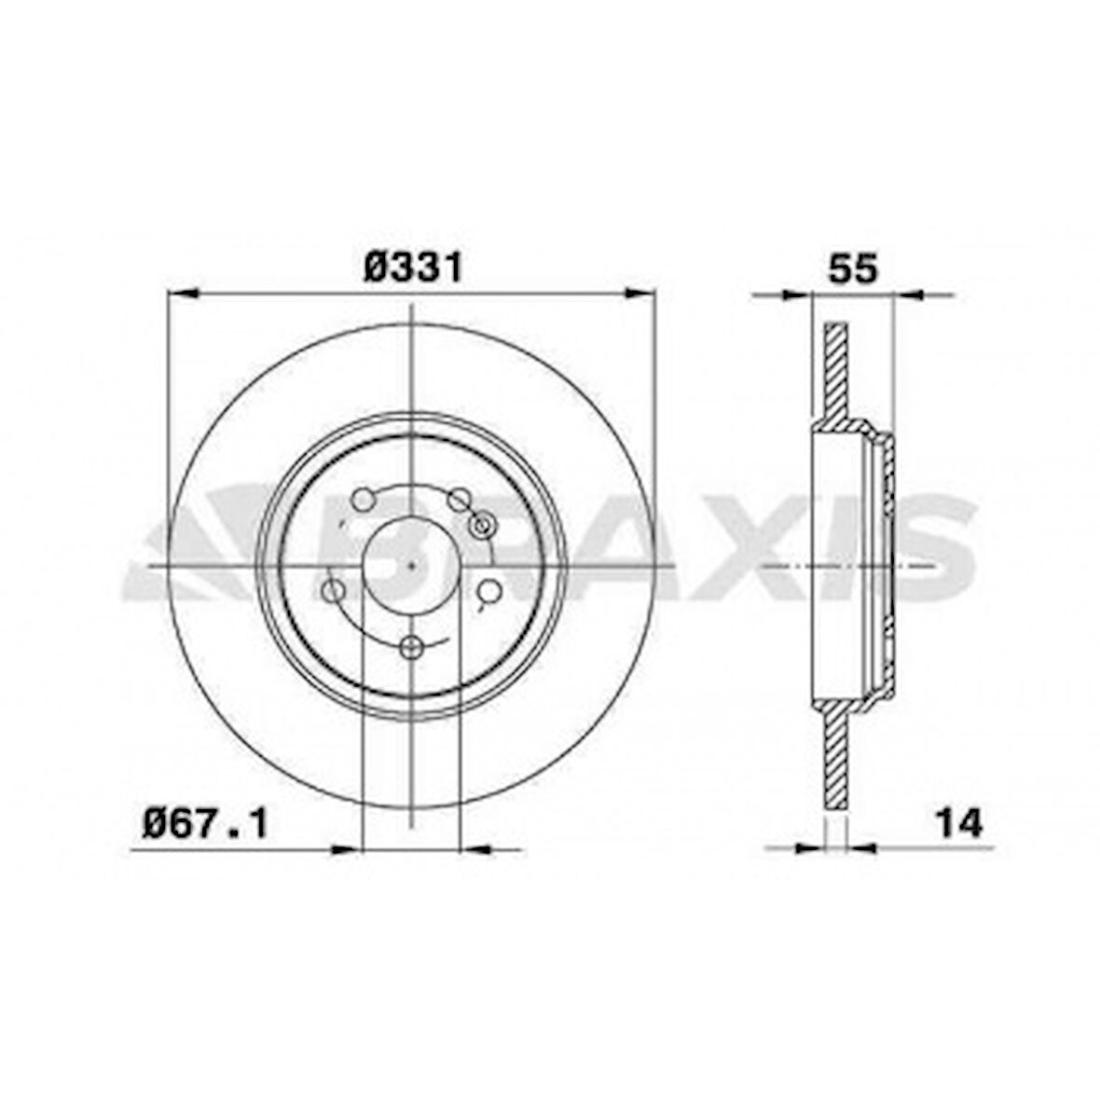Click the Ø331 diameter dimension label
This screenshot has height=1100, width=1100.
coord(412,268)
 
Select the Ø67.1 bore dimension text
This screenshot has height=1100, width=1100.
coord(205,824)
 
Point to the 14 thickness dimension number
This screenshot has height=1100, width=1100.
coord(959,823)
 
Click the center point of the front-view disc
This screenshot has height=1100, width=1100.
coord(411,565)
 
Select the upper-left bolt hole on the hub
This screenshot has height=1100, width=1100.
coord(363,500)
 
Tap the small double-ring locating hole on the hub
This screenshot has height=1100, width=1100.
coord(482,526)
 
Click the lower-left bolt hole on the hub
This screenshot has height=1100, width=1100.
coord(332,590)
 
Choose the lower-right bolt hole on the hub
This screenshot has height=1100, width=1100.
coord(489,590)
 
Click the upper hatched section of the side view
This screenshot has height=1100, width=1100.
coord(836,373)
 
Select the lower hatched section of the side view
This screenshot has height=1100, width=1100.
coord(836,755)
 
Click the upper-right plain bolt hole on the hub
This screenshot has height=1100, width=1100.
coord(457,502)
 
